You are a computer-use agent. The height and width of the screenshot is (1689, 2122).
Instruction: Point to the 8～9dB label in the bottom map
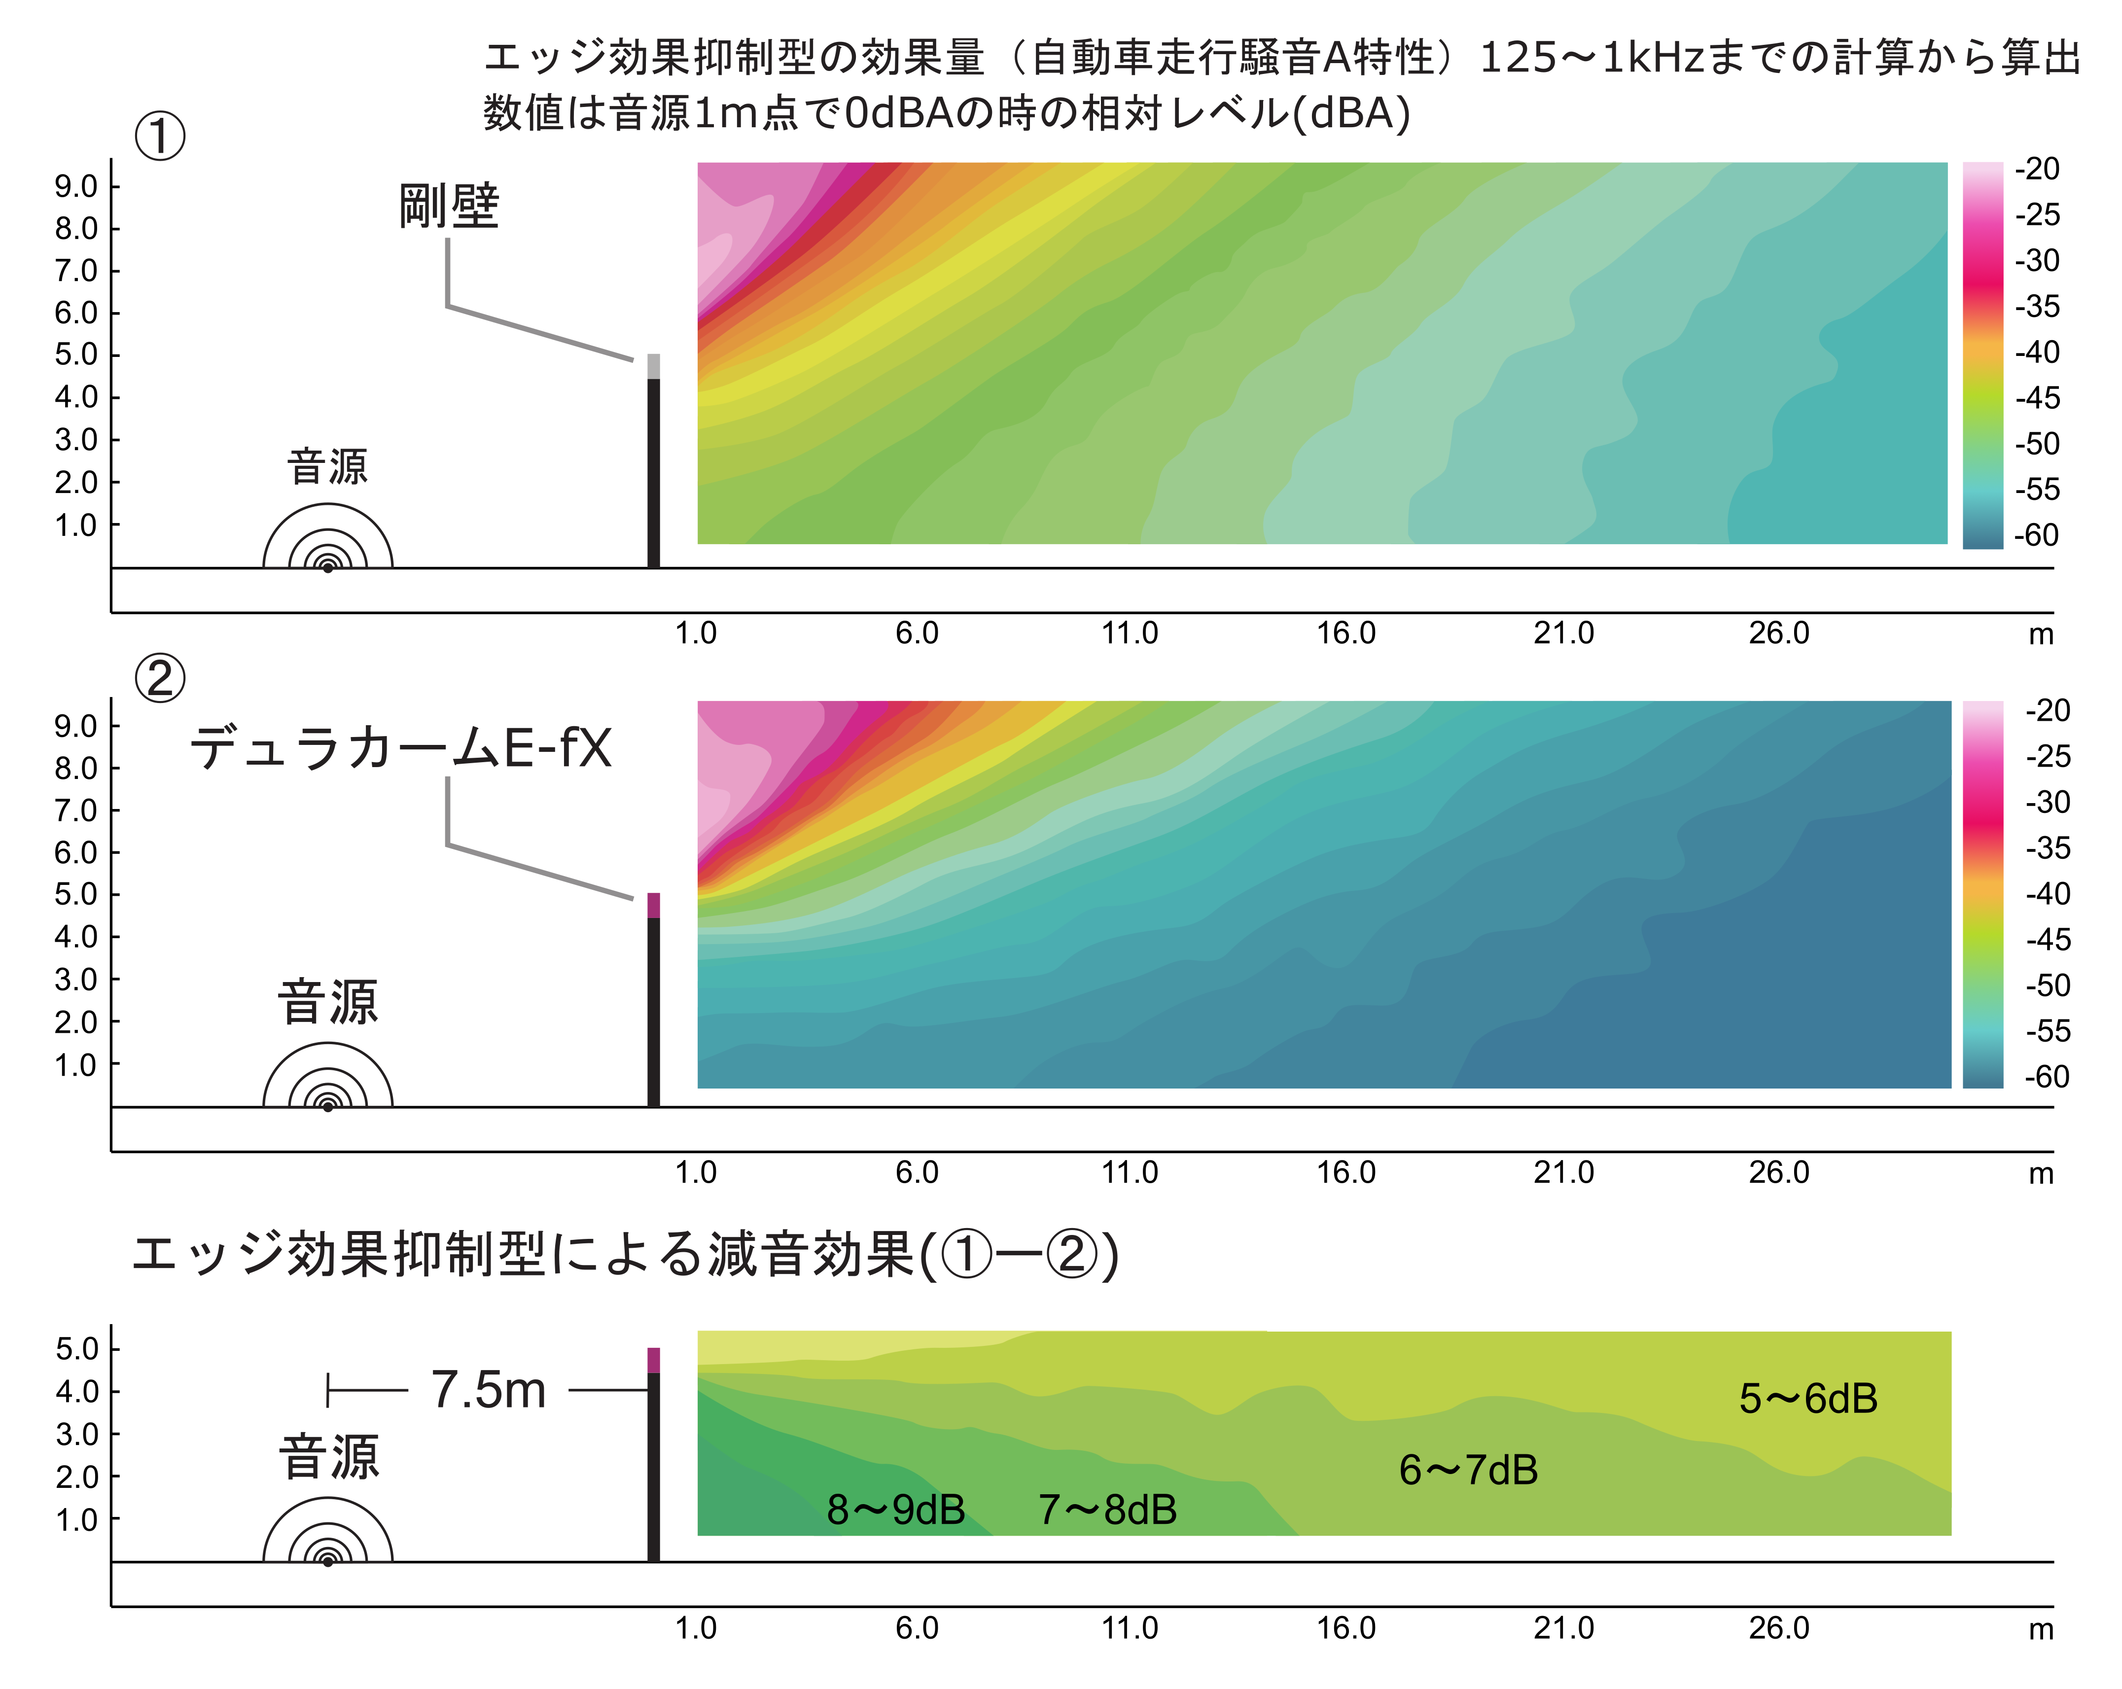896,1509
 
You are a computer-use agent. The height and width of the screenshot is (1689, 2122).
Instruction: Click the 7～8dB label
1107,1509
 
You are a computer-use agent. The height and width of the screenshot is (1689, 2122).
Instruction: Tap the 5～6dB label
1808,1398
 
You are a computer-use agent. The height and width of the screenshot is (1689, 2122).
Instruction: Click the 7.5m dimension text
488,1390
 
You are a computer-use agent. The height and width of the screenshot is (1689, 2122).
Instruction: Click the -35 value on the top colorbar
2036,306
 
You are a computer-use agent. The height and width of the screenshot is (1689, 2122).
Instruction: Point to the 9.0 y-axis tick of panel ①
76,186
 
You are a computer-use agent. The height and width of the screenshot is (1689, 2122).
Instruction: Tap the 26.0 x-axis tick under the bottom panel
1778,1628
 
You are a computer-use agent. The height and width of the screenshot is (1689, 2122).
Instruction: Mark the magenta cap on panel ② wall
654,905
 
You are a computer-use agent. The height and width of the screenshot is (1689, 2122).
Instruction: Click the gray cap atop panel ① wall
654,366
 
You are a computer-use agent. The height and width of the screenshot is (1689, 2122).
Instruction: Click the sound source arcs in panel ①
328,541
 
